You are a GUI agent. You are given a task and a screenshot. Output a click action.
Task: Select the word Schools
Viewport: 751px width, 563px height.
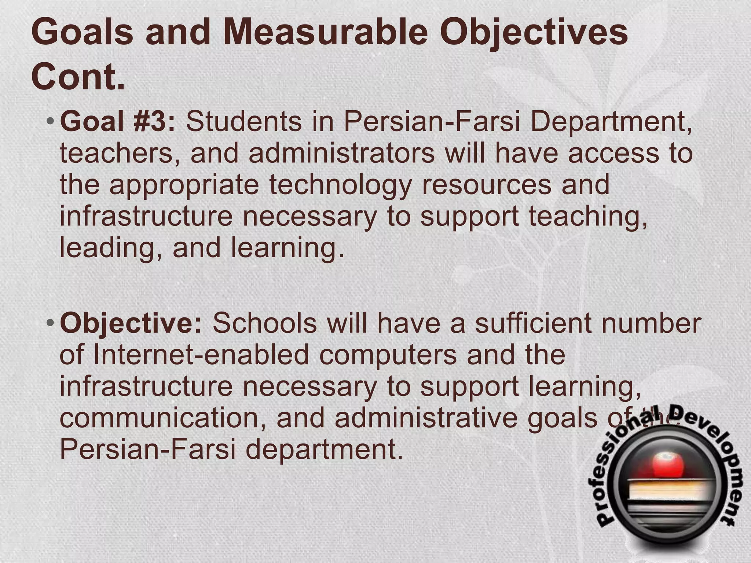(264, 323)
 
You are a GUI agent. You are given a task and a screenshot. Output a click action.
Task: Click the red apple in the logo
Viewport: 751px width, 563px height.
(663, 465)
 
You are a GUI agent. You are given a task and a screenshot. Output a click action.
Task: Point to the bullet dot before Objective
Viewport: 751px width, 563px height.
(51, 323)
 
